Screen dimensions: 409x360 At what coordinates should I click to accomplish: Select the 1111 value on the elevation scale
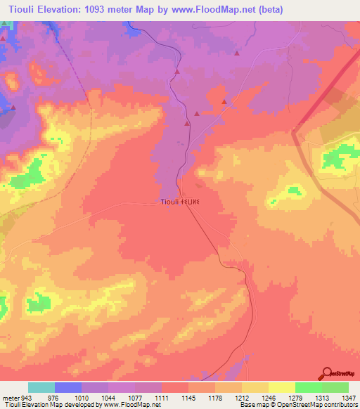(x=162, y=398)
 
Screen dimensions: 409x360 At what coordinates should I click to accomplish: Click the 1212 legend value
(x=241, y=398)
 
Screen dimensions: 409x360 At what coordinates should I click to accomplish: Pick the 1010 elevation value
(x=82, y=398)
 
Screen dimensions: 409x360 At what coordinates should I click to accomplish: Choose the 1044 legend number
(x=109, y=398)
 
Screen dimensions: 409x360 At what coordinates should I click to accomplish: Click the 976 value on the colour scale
(x=56, y=398)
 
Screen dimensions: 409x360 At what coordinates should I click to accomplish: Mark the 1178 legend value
(x=215, y=398)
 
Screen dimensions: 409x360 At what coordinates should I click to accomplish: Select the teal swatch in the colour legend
(x=41, y=387)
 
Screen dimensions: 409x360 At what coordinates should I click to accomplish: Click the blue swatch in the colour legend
(x=68, y=387)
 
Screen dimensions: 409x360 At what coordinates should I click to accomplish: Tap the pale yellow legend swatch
(x=281, y=387)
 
